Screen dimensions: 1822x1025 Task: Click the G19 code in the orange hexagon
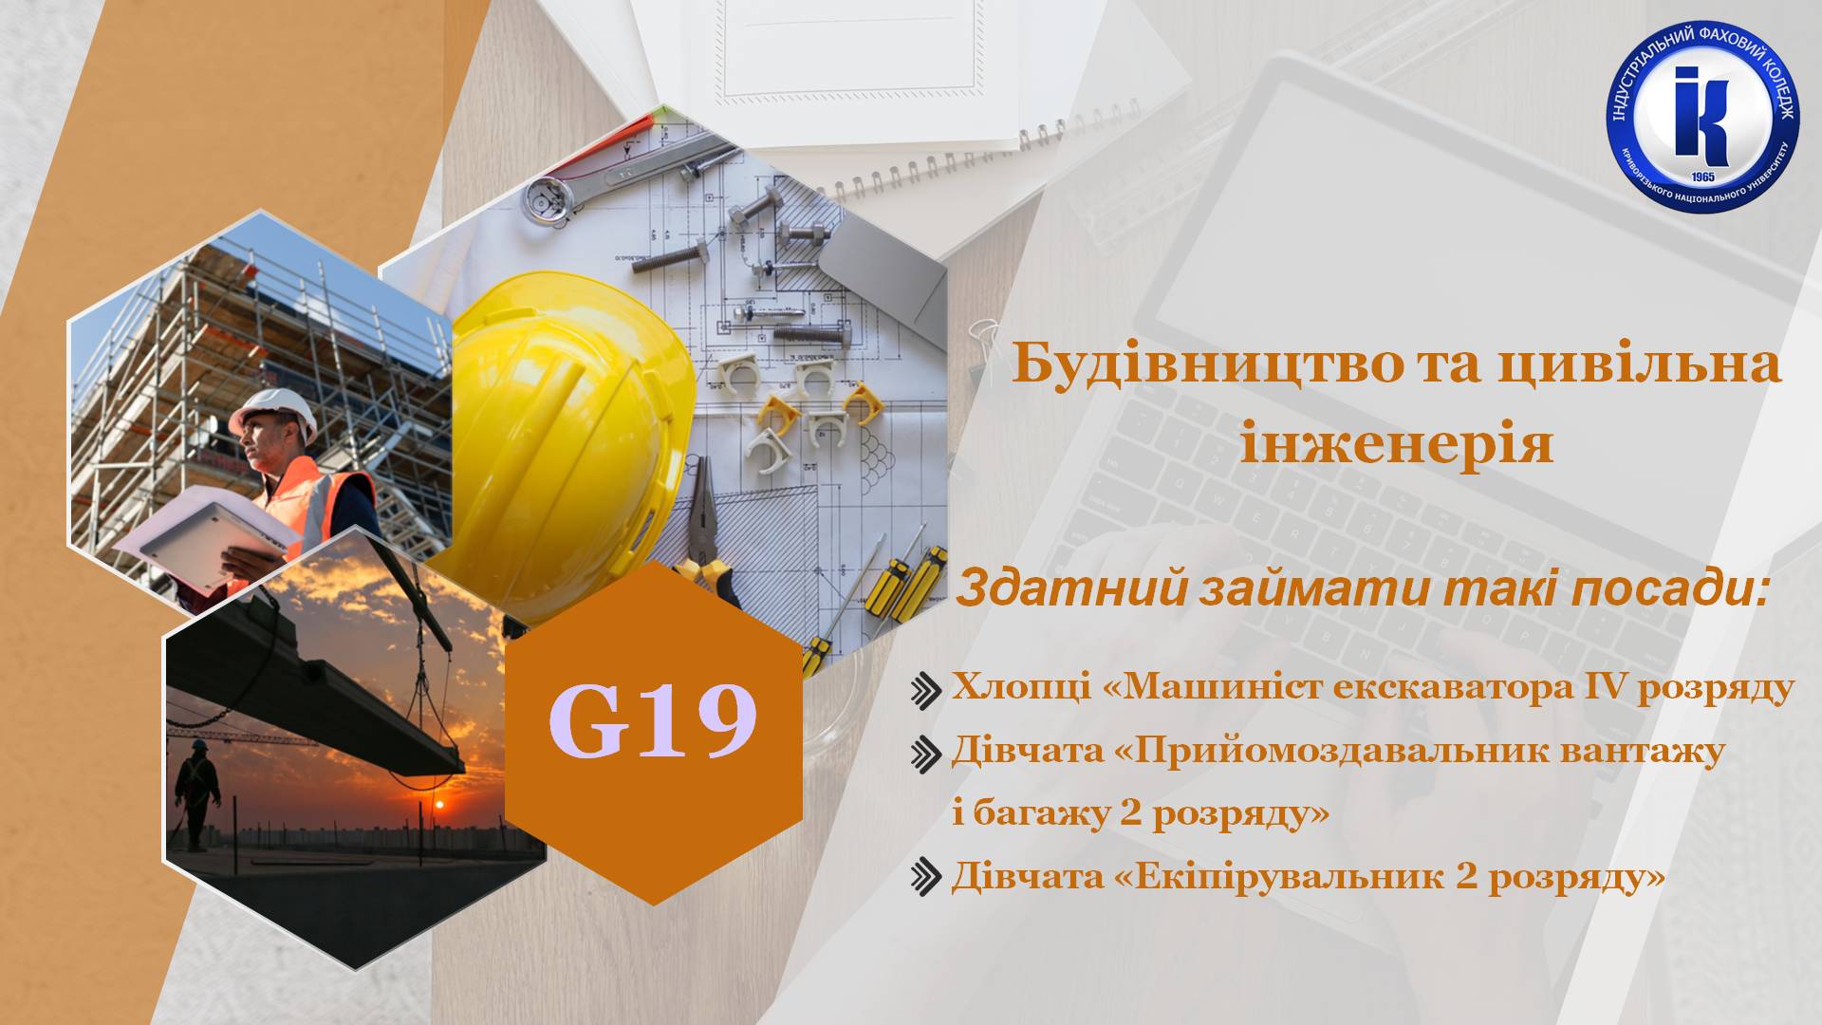click(653, 721)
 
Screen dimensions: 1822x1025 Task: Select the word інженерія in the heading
click(1397, 444)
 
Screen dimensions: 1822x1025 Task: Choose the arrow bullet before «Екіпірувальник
click(925, 876)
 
